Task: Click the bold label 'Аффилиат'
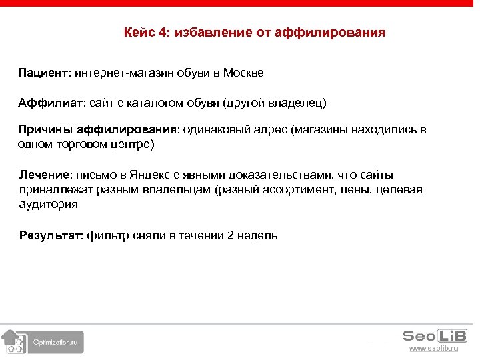point(50,103)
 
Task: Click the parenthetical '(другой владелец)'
point(275,103)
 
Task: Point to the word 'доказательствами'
point(283,175)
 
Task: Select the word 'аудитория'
point(49,205)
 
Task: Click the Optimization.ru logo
point(43,341)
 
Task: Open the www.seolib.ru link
point(433,349)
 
